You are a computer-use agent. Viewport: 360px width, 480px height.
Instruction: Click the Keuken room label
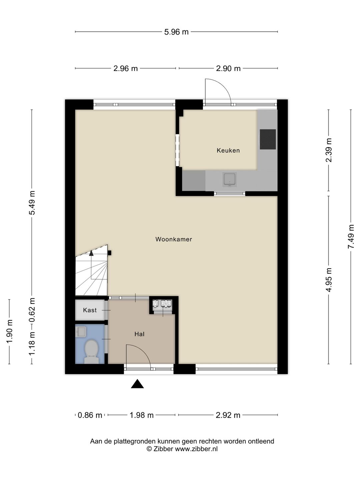coord(228,150)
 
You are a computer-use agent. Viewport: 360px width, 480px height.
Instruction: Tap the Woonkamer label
coord(174,239)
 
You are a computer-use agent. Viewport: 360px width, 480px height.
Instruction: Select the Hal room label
coord(139,334)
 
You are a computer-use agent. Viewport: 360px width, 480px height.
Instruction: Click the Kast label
coord(90,310)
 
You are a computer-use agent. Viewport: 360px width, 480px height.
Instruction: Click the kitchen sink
coord(230,180)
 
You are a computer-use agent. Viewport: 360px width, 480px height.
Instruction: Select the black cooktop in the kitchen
coord(268,139)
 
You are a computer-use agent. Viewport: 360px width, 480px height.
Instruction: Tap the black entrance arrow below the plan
coord(137,384)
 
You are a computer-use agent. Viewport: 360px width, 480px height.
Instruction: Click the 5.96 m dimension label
coord(176,32)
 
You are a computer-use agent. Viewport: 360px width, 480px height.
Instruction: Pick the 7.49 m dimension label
coord(351,237)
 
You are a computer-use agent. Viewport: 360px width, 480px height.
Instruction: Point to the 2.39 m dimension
coord(329,150)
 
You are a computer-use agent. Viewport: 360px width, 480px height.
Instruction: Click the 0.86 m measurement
coord(90,415)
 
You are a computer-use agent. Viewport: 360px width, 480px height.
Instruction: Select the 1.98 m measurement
coord(142,415)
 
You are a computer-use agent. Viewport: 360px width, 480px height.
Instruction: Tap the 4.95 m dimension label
coord(329,280)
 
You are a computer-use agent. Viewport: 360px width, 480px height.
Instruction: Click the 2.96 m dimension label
coord(125,68)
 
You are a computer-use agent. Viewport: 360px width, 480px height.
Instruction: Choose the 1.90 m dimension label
coord(9,331)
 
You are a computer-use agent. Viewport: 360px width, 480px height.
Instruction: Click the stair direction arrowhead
coord(91,253)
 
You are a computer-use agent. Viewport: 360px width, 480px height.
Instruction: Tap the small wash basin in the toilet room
coord(80,332)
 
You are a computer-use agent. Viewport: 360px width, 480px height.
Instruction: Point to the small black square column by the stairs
coord(110,253)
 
